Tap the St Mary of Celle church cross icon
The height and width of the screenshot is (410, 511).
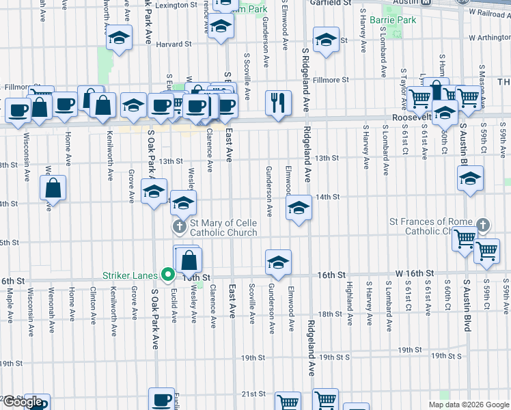pyautogui.click(x=179, y=226)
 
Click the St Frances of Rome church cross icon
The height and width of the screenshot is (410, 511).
pyautogui.click(x=483, y=225)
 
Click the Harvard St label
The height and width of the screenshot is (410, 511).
pyautogui.click(x=174, y=44)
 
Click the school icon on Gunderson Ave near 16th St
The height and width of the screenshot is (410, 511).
pyautogui.click(x=278, y=262)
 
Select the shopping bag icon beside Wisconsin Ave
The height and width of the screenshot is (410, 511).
pyautogui.click(x=53, y=187)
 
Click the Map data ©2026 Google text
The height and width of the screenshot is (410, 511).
pyautogui.click(x=468, y=405)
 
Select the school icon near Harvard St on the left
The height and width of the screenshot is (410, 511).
pyautogui.click(x=119, y=39)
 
